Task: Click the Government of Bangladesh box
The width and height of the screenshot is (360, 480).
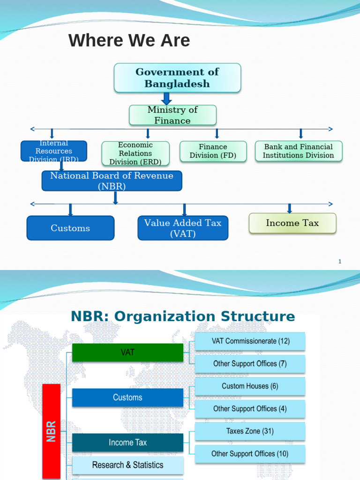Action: tap(177, 78)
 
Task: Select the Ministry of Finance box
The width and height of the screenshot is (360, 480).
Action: tap(172, 115)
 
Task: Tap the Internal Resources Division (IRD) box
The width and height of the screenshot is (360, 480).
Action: tap(54, 150)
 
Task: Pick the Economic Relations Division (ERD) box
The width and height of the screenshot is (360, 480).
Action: tap(135, 153)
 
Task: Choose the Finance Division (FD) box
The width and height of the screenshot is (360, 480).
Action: tap(213, 151)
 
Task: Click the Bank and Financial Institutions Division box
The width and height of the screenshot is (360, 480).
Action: tap(299, 151)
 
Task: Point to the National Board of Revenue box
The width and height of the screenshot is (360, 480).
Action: tap(112, 180)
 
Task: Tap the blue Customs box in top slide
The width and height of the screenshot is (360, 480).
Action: tap(70, 228)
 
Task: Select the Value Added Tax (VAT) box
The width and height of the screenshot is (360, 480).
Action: tap(183, 228)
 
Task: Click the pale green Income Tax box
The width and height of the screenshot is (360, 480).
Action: tap(292, 223)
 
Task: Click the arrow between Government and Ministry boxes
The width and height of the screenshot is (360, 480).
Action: tap(166, 98)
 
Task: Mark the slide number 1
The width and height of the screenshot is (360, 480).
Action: tap(340, 262)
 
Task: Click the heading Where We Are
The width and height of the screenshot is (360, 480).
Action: tap(129, 41)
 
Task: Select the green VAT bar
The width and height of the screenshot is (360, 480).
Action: tap(127, 352)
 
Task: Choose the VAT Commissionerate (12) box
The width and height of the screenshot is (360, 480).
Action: tap(250, 341)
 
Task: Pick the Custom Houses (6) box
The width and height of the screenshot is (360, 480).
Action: tap(250, 386)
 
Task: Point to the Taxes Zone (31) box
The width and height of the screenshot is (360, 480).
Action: tap(250, 431)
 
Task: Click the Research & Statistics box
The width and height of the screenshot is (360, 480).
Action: tap(127, 465)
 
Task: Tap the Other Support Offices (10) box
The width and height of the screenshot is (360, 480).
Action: tap(250, 454)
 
